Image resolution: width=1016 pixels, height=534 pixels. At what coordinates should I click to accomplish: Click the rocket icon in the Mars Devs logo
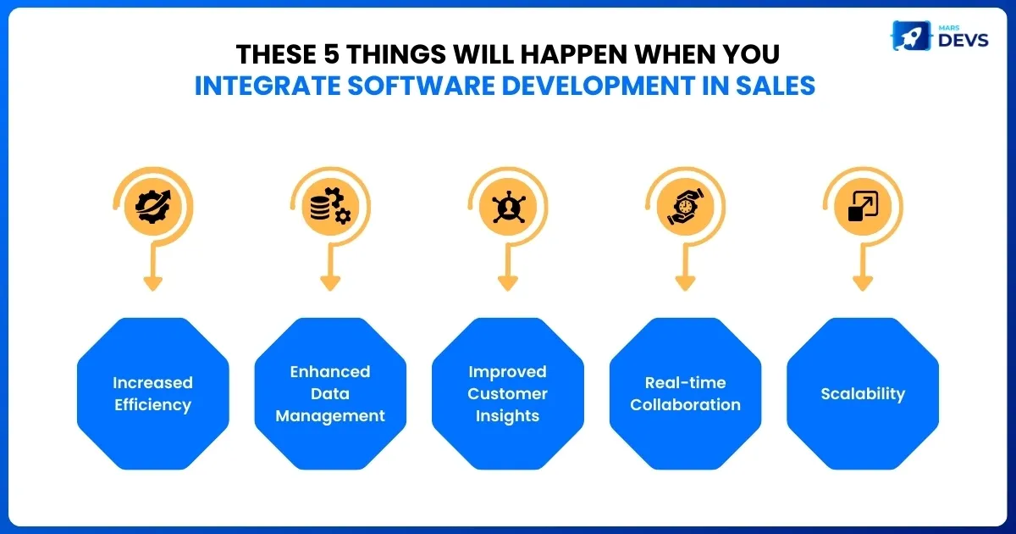[911, 36]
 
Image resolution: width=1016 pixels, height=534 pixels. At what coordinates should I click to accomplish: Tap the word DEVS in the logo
[963, 41]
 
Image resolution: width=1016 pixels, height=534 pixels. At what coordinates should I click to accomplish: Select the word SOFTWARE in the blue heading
[422, 86]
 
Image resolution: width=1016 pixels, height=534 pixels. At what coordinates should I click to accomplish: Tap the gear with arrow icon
[153, 207]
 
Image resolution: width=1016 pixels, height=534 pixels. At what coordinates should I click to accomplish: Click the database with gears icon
[330, 206]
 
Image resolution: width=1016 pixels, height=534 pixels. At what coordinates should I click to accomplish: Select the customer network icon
[509, 207]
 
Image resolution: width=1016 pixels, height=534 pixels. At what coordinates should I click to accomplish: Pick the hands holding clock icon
[685, 207]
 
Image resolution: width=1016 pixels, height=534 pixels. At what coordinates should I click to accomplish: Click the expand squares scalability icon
[863, 207]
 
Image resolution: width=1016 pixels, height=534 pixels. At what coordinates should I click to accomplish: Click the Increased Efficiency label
[153, 393]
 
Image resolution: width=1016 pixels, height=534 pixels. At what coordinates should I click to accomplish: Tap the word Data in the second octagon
[330, 393]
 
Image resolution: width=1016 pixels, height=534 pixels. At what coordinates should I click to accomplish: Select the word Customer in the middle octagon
[507, 393]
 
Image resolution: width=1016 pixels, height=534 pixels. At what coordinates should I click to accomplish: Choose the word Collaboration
[685, 404]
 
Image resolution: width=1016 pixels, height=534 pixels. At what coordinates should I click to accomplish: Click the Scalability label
[863, 393]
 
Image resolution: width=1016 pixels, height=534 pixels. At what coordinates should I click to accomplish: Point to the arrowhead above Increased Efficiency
[153, 283]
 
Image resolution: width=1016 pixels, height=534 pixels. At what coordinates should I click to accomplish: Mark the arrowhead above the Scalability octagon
[863, 283]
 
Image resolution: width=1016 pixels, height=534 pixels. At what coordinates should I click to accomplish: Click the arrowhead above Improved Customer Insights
[507, 283]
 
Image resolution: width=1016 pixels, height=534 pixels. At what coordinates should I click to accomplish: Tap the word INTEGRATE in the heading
[268, 86]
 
